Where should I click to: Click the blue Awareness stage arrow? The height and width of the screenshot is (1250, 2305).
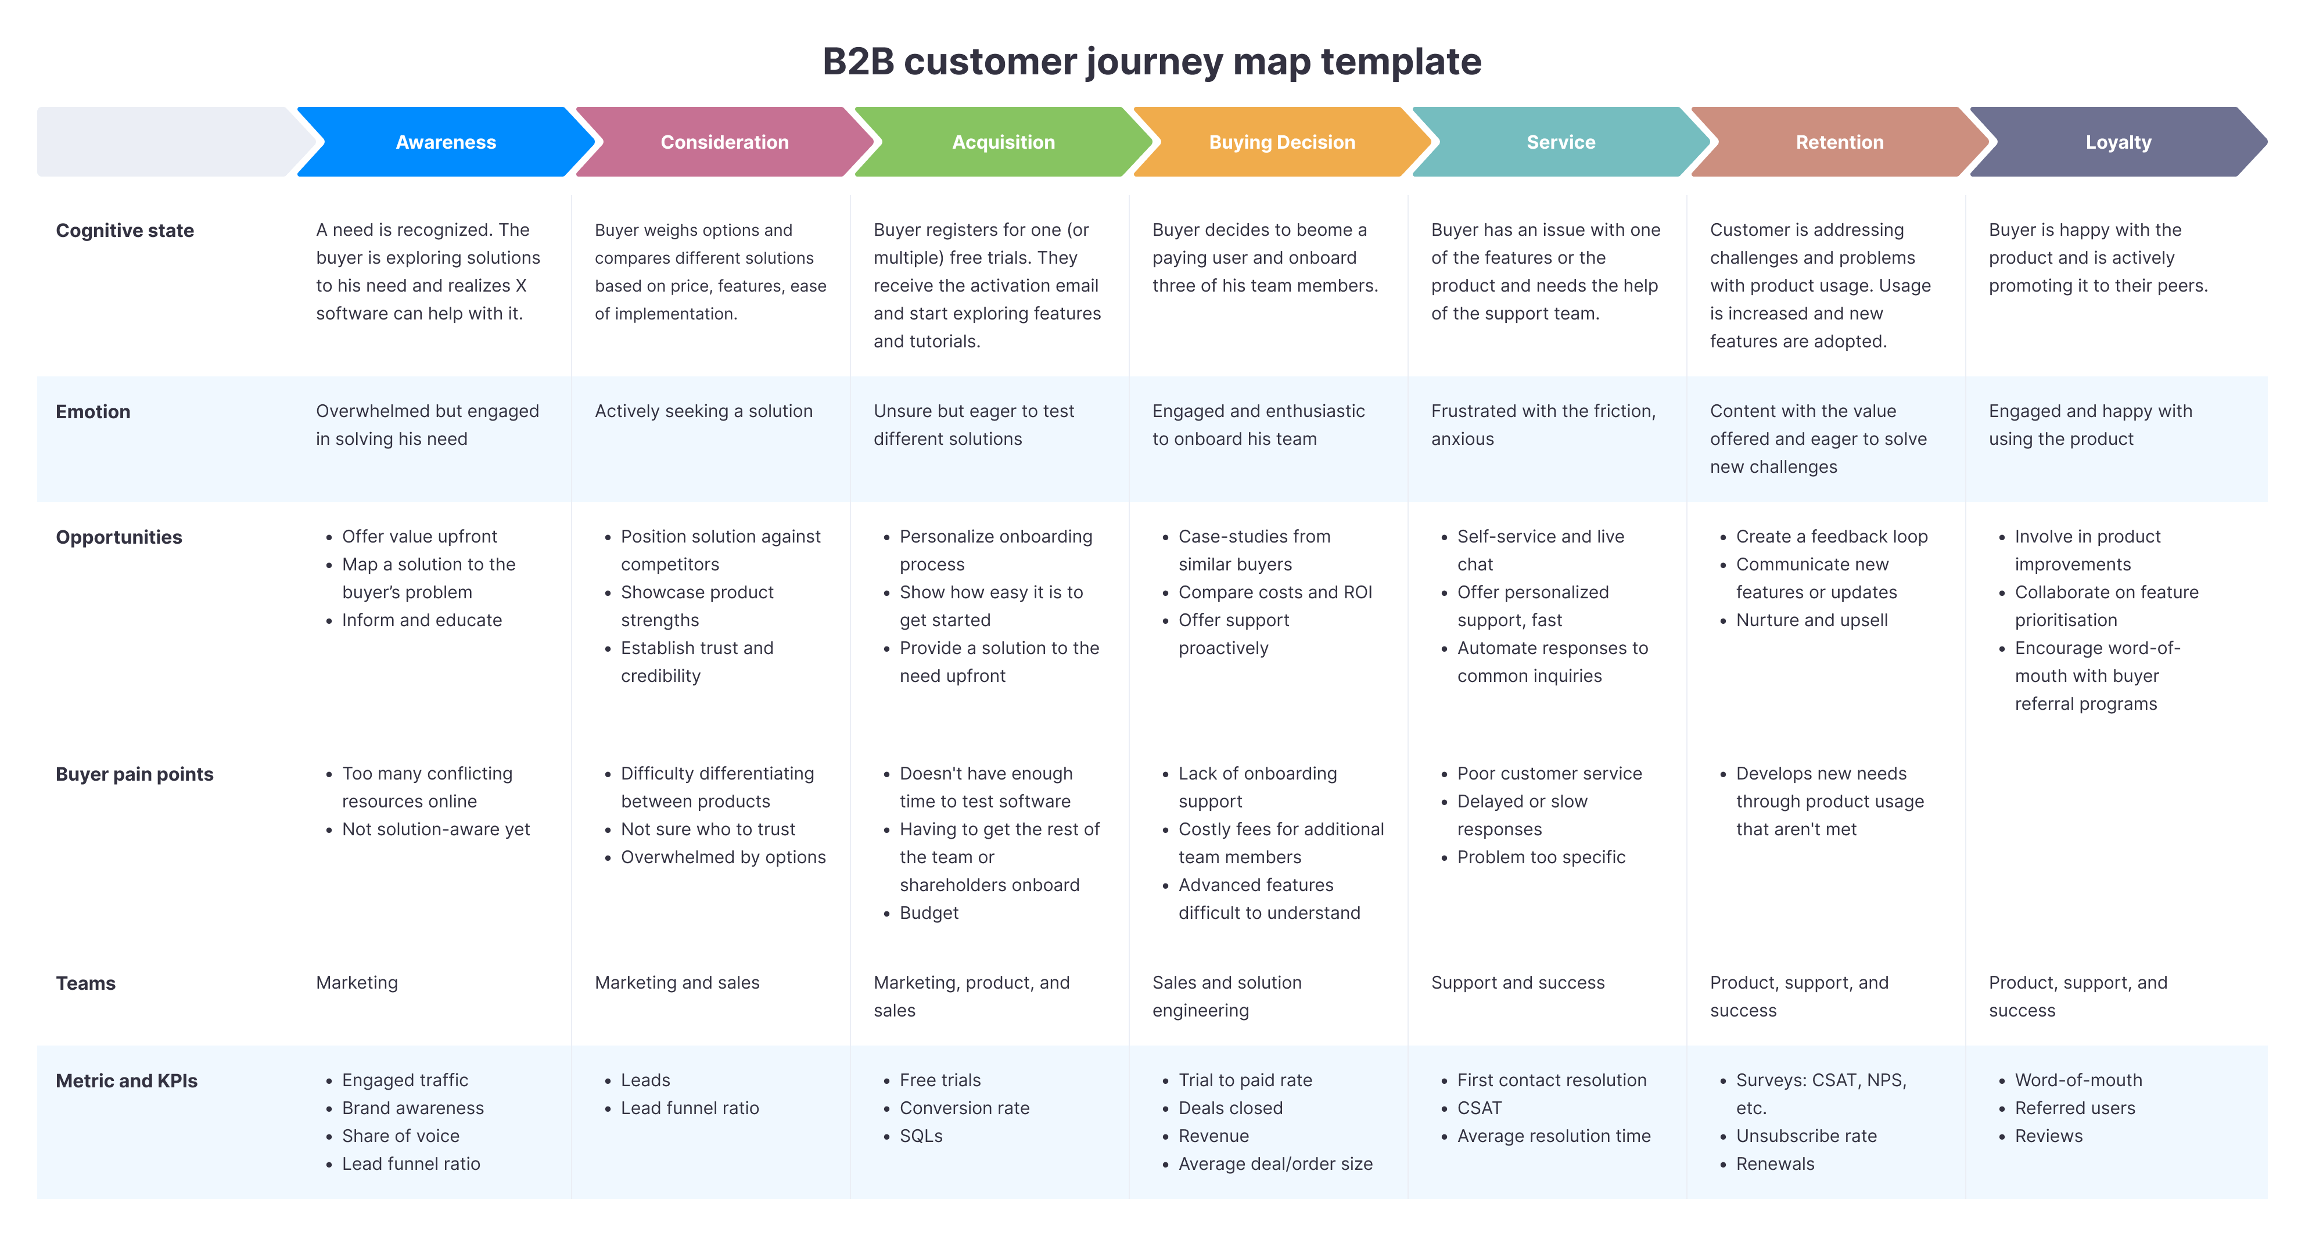pos(446,142)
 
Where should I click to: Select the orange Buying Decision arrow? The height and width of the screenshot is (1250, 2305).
pos(1281,142)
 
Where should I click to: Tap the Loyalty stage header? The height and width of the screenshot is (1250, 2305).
pos(2118,142)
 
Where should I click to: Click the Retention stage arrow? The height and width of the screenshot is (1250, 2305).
pos(1839,142)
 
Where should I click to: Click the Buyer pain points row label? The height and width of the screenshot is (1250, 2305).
pos(134,774)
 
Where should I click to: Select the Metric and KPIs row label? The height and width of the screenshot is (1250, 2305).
pos(126,1081)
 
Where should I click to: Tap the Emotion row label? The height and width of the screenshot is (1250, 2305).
pos(93,412)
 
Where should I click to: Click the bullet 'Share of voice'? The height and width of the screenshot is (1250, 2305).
pos(400,1136)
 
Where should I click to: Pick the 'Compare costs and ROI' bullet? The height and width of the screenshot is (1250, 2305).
pos(1274,592)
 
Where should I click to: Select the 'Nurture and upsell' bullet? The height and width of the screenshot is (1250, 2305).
pos(1811,620)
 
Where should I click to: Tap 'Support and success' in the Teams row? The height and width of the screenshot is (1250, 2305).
pos(1517,982)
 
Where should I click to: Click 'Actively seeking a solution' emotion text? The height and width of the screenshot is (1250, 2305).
pos(703,412)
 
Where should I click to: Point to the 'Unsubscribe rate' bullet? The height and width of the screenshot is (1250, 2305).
pos(1805,1136)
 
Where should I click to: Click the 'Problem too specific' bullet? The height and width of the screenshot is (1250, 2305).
pos(1541,857)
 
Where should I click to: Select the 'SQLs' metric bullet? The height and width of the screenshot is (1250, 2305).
pos(921,1136)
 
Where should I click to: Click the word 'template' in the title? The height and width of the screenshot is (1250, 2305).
pos(1401,62)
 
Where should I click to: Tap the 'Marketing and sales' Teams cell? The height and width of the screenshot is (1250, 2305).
pos(677,982)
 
